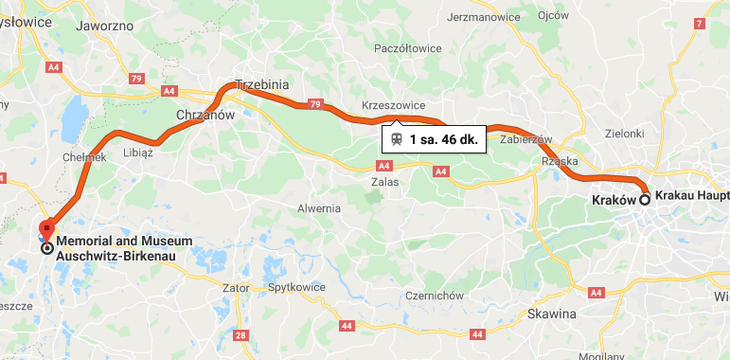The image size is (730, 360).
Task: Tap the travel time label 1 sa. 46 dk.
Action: tap(448, 139)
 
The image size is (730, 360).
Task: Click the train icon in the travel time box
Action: tap(396, 139)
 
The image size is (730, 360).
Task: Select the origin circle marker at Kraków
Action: tap(645, 199)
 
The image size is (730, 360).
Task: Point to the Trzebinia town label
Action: tap(260, 84)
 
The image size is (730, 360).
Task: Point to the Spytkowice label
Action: tap(296, 286)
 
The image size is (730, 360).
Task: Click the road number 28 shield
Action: tap(240, 335)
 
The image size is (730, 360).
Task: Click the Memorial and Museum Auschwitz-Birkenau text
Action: tap(123, 247)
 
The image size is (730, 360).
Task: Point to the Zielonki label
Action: tap(626, 134)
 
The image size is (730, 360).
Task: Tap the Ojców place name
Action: tap(552, 16)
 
